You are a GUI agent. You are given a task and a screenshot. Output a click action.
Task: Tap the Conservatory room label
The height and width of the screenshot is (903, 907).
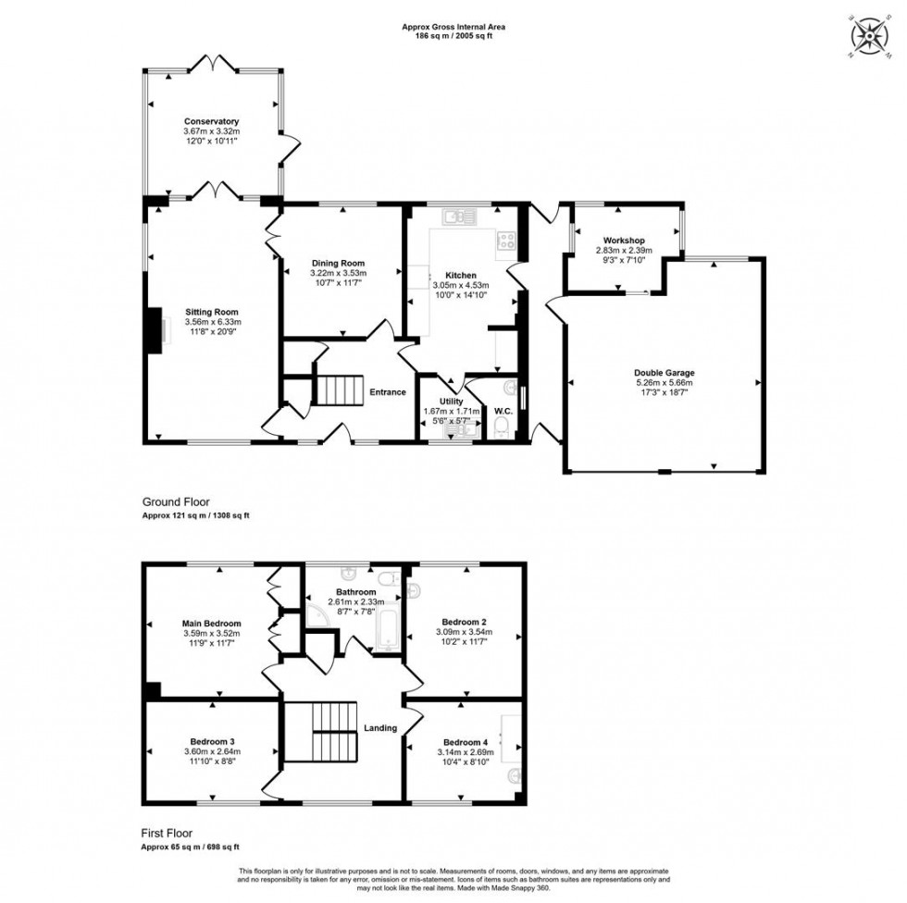(x=211, y=121)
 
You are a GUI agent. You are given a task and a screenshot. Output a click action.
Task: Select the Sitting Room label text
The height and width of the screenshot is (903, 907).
(x=211, y=312)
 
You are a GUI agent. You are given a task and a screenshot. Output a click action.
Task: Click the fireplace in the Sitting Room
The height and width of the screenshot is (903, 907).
(x=154, y=331)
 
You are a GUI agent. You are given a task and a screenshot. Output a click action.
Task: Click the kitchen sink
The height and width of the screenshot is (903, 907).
(x=458, y=217)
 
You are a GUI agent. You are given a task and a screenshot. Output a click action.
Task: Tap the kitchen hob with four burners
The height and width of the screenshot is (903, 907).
(x=508, y=241)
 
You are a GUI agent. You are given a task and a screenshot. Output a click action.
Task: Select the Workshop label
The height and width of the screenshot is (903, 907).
(x=623, y=241)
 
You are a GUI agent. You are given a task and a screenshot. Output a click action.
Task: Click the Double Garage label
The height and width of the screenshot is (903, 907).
(x=665, y=373)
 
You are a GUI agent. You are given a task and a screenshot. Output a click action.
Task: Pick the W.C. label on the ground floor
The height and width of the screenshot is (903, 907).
(x=503, y=411)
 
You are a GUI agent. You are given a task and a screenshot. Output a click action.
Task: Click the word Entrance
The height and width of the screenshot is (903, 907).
(x=388, y=392)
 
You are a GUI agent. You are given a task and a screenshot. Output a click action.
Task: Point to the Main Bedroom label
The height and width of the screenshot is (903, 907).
(x=211, y=624)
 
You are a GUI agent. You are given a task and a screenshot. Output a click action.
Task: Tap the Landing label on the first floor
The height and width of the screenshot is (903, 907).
(x=380, y=728)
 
